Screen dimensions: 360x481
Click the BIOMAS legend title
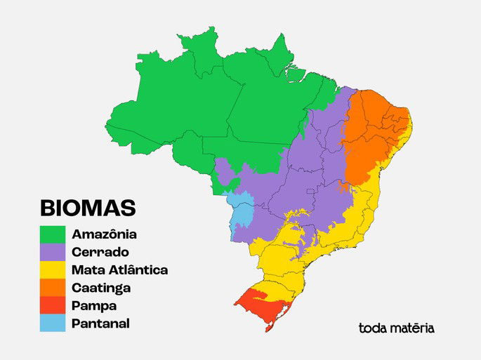pyautogui.click(x=87, y=208)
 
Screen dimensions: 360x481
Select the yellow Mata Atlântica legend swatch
pyautogui.click(x=53, y=269)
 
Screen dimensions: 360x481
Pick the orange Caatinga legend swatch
pyautogui.click(x=53, y=288)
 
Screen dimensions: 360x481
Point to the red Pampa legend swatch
pyautogui.click(x=53, y=306)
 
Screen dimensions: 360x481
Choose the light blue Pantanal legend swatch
pyautogui.click(x=53, y=324)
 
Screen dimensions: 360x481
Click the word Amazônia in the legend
pyautogui.click(x=104, y=234)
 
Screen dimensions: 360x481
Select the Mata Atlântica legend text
pyautogui.click(x=119, y=269)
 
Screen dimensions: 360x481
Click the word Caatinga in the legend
pyautogui.click(x=101, y=288)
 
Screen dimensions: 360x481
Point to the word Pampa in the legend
pyautogui.click(x=94, y=306)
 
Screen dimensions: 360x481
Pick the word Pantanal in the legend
pyautogui.click(x=100, y=324)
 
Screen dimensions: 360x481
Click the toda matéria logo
pyautogui.click(x=396, y=328)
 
